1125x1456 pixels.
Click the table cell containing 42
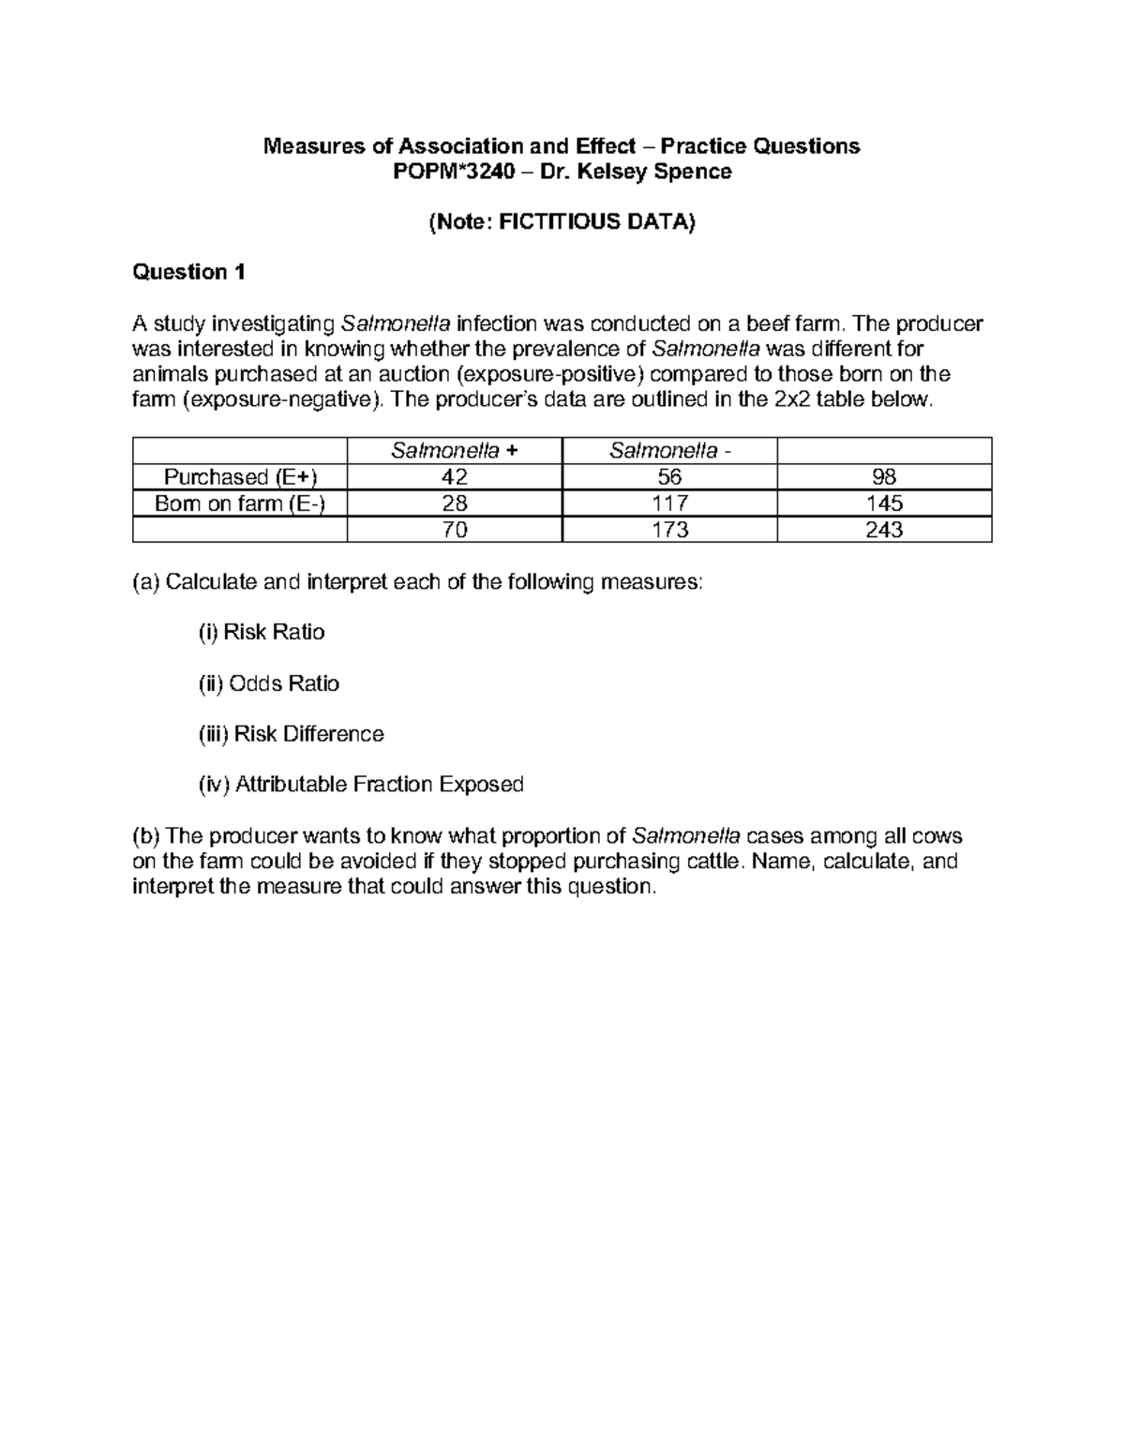[x=455, y=477]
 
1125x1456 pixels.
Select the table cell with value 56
[x=669, y=477]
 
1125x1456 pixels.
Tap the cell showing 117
[x=669, y=503]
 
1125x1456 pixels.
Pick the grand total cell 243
[x=884, y=530]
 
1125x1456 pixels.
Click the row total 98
[x=884, y=477]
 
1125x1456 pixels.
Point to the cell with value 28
[x=455, y=503]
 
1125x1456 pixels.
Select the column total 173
[x=669, y=530]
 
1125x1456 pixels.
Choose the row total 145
[x=884, y=503]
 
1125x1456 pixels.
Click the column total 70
[x=455, y=530]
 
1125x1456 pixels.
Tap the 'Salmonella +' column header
[x=454, y=451]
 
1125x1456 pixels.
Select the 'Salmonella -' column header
[x=669, y=451]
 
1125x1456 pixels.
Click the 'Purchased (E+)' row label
[x=241, y=477]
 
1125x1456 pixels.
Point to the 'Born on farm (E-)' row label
[x=241, y=503]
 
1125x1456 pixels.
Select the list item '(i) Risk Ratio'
[x=261, y=633]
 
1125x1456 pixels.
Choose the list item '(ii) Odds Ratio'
[x=268, y=683]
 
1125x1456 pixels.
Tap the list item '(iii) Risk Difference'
[x=291, y=734]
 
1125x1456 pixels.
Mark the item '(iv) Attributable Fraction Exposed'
[x=360, y=785]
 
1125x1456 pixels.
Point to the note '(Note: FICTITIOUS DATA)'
[x=562, y=222]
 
